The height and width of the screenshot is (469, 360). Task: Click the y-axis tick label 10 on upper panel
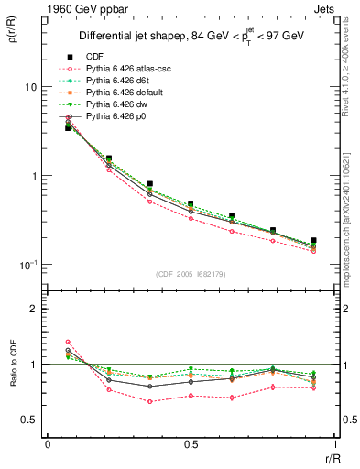[x=29, y=87]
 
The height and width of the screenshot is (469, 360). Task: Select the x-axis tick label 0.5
[x=191, y=444]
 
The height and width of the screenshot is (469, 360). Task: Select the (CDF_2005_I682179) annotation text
[x=191, y=273]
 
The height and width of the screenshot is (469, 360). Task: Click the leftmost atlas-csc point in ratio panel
[x=68, y=342]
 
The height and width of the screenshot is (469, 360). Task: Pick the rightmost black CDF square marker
[x=313, y=241]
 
